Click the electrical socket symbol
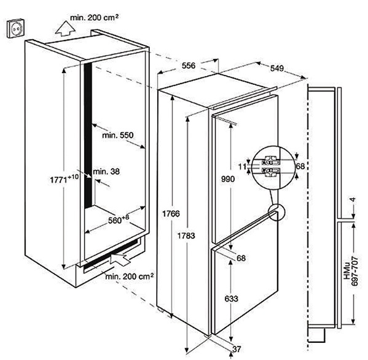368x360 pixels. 15,28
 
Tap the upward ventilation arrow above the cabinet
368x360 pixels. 65,29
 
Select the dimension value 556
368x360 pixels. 189,66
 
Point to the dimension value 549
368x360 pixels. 277,68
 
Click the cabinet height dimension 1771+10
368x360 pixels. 65,179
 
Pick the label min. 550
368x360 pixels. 117,135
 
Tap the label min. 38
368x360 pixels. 106,171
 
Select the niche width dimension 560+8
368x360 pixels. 119,219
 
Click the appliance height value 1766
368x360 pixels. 171,214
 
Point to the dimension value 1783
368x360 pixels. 186,235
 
